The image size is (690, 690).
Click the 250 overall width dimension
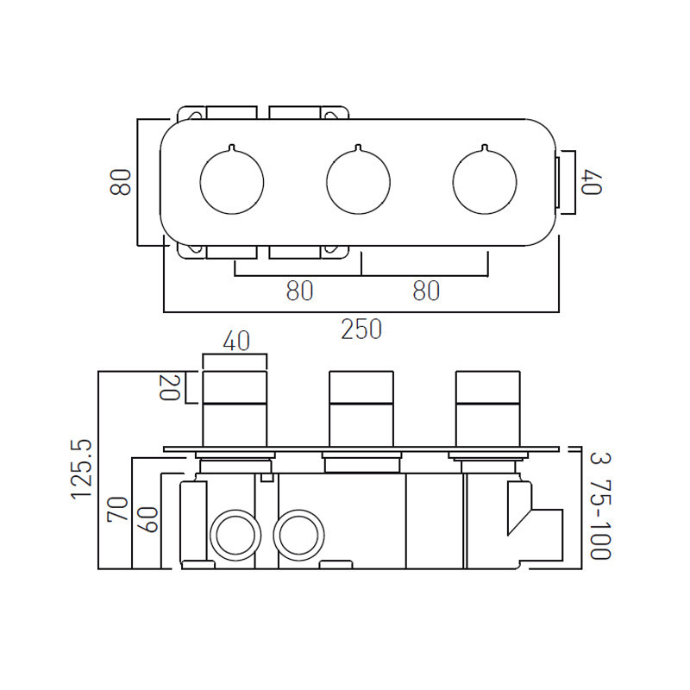[x=361, y=329]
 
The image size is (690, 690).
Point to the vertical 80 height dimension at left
[x=122, y=182]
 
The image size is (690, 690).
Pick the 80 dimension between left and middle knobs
[x=299, y=292]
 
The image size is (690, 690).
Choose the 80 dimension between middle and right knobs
[x=426, y=292]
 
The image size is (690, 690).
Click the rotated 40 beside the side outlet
[x=590, y=182]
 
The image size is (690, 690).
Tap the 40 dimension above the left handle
[x=235, y=342]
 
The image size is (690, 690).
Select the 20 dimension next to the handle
[x=169, y=387]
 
